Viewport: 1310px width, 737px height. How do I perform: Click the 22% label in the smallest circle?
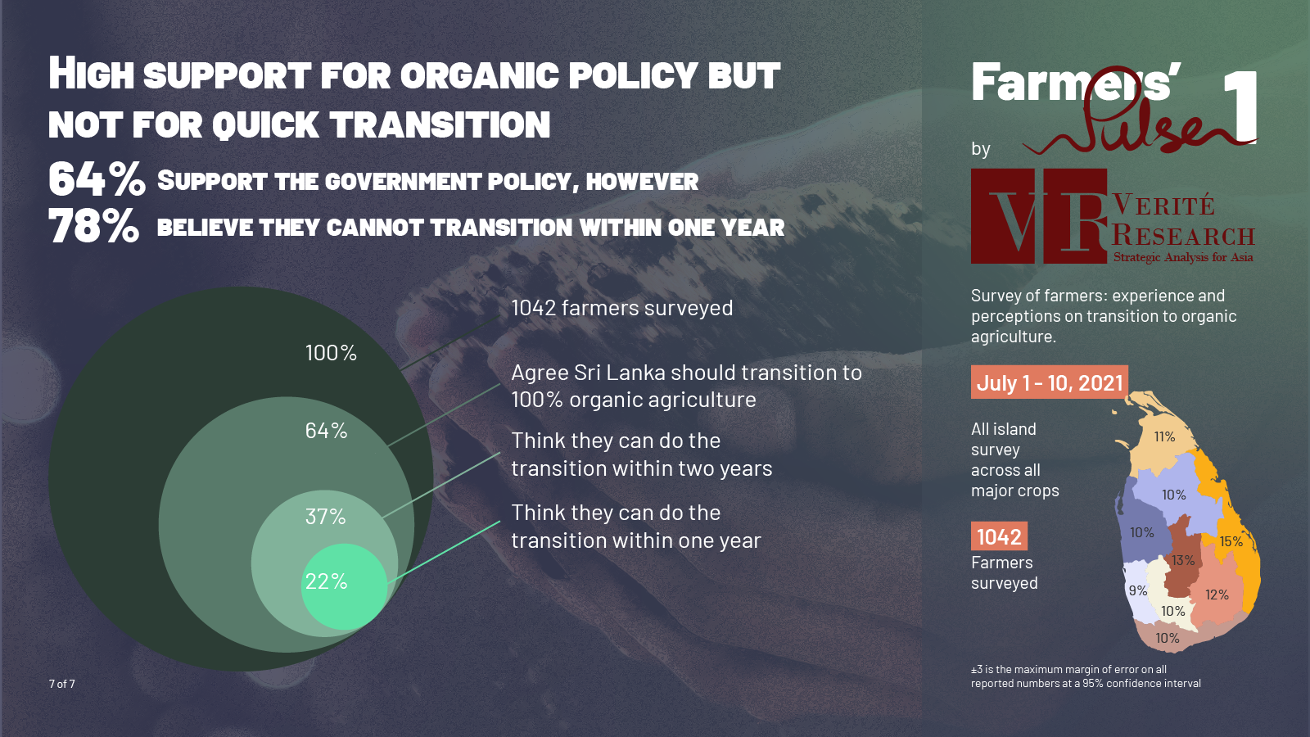326,581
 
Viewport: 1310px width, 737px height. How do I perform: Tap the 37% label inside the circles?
325,517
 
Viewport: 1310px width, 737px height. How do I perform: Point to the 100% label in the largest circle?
331,353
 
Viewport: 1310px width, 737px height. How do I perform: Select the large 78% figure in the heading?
93,227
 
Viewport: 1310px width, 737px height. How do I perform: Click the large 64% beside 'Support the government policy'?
97,179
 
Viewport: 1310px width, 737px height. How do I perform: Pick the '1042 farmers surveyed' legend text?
621,308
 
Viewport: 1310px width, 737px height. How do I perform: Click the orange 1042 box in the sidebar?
999,537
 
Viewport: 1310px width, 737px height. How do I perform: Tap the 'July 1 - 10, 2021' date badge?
1050,382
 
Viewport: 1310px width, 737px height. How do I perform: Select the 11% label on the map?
1164,437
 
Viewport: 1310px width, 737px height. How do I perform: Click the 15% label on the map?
1231,541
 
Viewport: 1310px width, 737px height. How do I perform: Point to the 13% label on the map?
1182,561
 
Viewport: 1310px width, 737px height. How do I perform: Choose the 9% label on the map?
1137,590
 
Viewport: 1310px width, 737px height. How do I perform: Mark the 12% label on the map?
1217,595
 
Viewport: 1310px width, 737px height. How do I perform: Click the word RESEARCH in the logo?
1183,236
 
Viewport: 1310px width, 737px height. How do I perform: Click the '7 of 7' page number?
62,684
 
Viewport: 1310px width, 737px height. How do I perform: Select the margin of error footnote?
1086,676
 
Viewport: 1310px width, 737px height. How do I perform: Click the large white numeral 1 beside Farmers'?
1240,106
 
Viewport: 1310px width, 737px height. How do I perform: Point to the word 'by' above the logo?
981,149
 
